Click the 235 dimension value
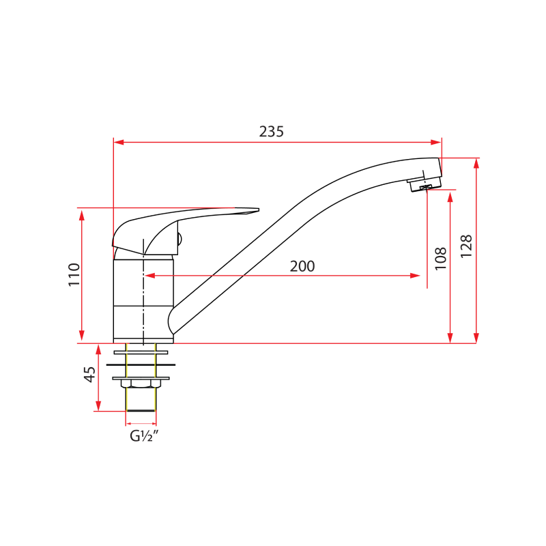point(271,132)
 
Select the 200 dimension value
point(302,266)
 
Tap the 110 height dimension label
point(74,274)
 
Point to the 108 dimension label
point(441,259)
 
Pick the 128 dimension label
point(466,246)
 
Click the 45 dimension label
point(89,375)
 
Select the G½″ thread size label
point(144,436)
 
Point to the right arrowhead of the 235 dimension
point(437,142)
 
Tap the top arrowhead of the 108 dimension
point(450,197)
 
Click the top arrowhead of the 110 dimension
point(82,214)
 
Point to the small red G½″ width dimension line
point(141,423)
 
